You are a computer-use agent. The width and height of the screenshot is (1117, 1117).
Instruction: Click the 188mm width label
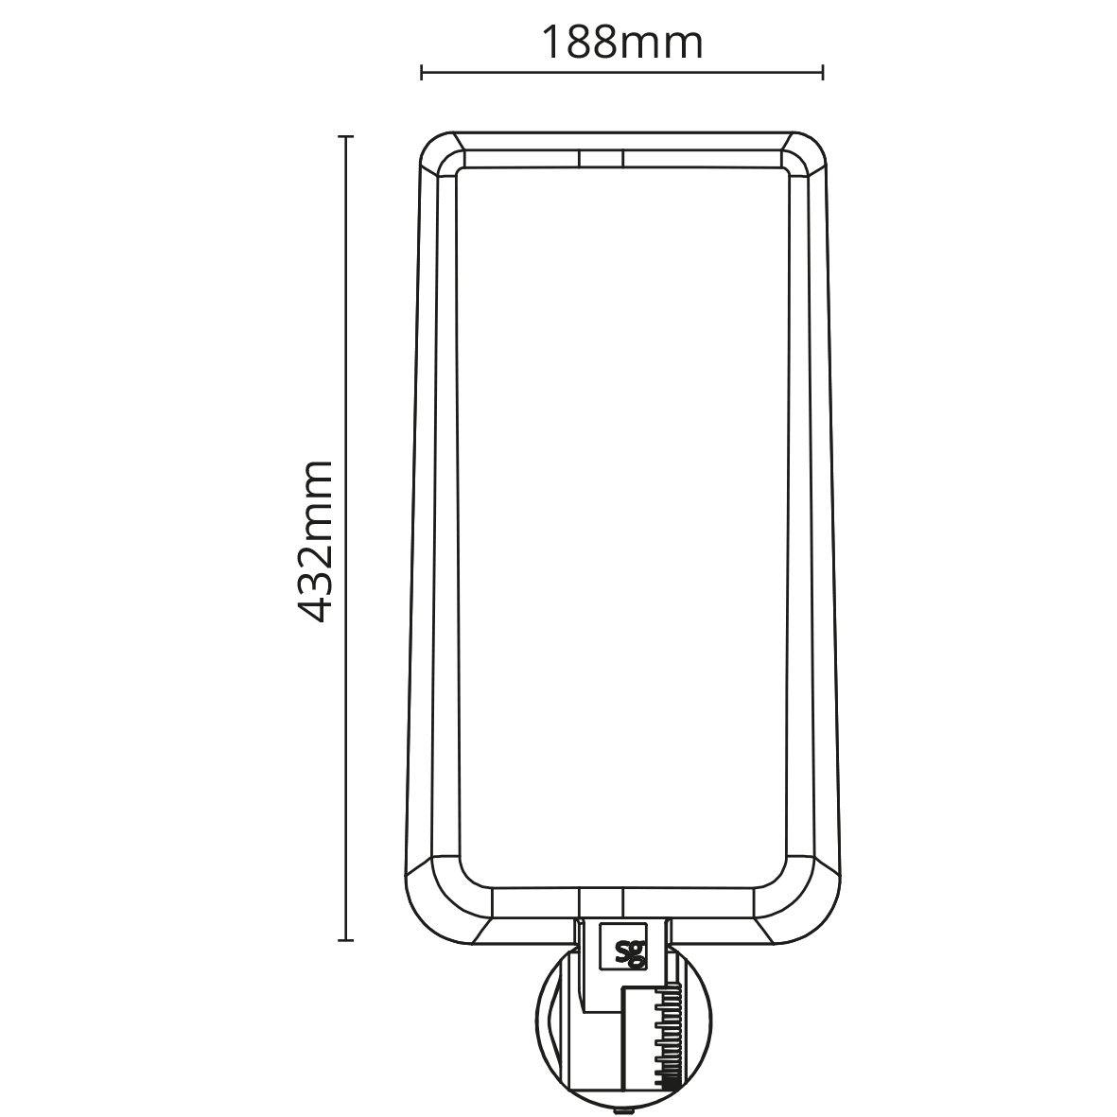(x=622, y=43)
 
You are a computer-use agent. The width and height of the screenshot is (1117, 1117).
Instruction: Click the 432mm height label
(x=314, y=541)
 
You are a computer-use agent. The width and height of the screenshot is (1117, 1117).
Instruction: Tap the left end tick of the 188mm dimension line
(x=422, y=72)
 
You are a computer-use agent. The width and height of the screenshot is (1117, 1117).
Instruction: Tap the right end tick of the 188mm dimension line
(x=824, y=72)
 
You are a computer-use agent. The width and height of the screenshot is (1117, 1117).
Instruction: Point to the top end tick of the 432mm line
(x=346, y=136)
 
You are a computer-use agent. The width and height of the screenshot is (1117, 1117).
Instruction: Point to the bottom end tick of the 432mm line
(x=346, y=940)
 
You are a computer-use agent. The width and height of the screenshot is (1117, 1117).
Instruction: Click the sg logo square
(x=624, y=946)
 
